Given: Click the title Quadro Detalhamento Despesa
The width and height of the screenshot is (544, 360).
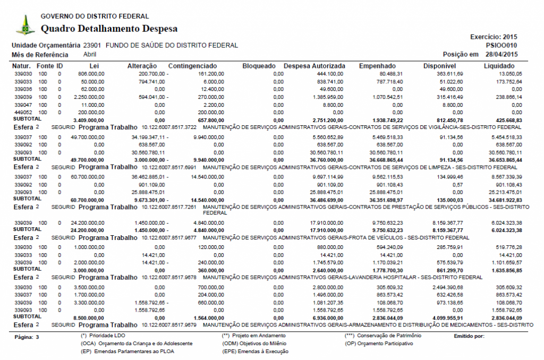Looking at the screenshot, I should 109,29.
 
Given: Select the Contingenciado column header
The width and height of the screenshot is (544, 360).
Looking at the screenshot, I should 192,66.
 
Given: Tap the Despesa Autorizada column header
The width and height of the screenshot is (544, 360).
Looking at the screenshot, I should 314,66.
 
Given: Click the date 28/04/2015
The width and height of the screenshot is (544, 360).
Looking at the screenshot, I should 502,54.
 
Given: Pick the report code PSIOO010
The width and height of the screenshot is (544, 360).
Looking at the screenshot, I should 501,46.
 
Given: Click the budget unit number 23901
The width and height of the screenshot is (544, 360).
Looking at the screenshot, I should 92,46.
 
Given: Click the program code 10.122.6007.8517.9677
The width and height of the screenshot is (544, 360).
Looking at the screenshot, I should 170,237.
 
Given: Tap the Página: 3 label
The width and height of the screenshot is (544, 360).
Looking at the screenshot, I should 27,337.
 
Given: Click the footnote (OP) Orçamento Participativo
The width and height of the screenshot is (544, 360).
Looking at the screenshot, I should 378,344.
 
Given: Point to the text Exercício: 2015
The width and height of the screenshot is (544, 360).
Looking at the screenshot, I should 494,37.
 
